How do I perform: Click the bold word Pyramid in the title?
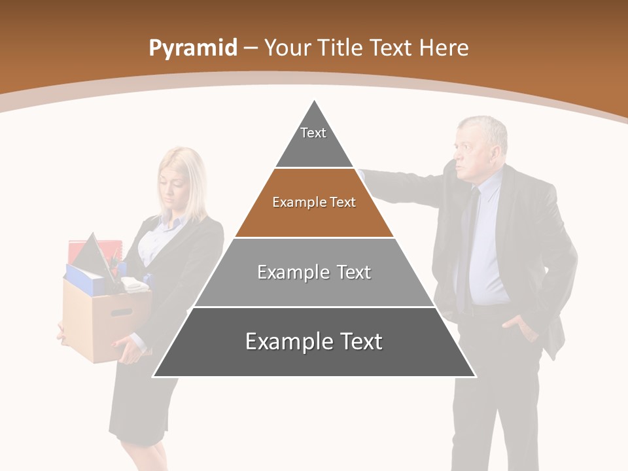(x=192, y=48)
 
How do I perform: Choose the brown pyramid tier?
(x=314, y=203)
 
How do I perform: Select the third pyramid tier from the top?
(x=314, y=272)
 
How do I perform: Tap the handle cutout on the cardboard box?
(x=121, y=312)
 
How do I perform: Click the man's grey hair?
(x=487, y=128)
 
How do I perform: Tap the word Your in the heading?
(x=286, y=48)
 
